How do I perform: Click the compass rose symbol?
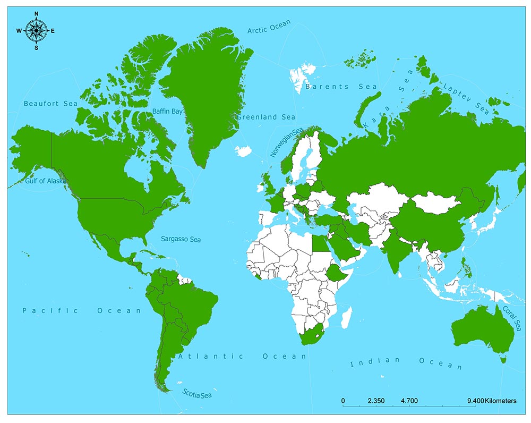click(x=36, y=30)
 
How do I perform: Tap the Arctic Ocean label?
click(x=269, y=27)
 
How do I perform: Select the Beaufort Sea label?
click(x=50, y=104)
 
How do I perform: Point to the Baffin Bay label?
click(x=167, y=112)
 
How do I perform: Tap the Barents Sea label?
click(x=341, y=87)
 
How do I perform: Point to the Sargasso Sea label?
click(x=181, y=240)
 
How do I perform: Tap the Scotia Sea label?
click(x=197, y=394)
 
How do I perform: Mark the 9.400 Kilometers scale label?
click(x=491, y=401)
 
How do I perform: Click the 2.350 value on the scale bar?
click(x=376, y=401)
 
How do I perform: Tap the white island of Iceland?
click(x=243, y=151)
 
